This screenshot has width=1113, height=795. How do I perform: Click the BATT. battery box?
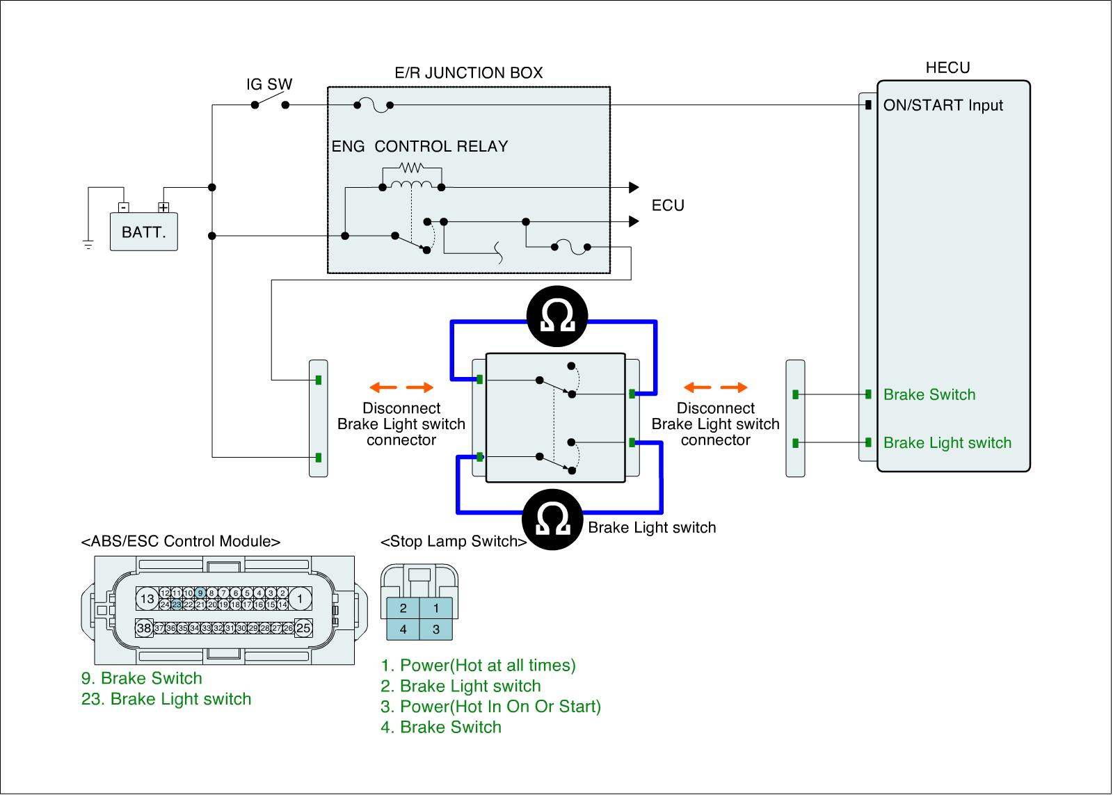[x=144, y=232]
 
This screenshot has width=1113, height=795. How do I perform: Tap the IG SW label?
[x=269, y=85]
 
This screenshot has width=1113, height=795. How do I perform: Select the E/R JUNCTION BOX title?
[x=468, y=73]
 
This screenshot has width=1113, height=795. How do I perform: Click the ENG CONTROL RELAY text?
[x=419, y=147]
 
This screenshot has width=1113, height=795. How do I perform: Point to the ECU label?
[x=668, y=206]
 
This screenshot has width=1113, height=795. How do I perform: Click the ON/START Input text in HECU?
[x=943, y=106]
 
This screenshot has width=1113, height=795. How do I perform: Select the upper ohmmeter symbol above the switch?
[x=557, y=319]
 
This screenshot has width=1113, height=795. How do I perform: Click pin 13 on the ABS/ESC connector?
[x=147, y=598]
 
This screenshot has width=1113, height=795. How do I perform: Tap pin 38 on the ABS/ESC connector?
[x=143, y=628]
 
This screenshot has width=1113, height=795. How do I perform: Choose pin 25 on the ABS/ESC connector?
[x=303, y=628]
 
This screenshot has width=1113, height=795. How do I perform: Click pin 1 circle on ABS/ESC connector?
[x=300, y=598]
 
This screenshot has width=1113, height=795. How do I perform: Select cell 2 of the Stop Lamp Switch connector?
[x=403, y=609]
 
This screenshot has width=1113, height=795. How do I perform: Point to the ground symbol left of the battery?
[x=88, y=243]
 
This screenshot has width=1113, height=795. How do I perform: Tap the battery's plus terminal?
[x=163, y=207]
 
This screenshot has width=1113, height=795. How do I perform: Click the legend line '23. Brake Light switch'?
[x=166, y=699]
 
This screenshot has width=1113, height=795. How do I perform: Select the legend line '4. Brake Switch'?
[x=441, y=728]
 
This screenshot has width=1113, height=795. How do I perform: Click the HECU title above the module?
[x=947, y=67]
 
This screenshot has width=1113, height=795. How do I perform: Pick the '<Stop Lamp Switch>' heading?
[x=454, y=542]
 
